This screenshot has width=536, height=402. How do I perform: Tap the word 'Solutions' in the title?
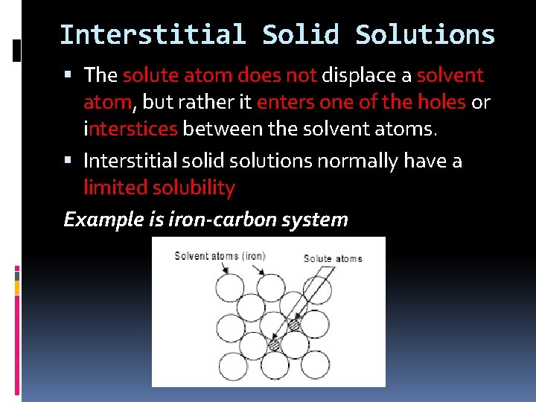(425, 35)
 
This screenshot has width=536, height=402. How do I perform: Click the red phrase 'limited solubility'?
(159, 188)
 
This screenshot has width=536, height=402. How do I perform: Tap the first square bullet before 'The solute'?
(68, 75)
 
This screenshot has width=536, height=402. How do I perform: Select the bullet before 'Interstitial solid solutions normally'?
(68, 161)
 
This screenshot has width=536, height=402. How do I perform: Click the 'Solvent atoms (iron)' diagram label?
(220, 256)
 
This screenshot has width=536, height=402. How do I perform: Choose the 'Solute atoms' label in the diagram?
(333, 258)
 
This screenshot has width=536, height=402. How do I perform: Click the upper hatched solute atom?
(293, 325)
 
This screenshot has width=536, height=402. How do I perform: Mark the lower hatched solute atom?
(274, 345)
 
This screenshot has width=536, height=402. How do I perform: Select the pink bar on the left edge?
(17, 272)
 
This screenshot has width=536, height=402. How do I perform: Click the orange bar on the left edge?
(17, 286)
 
